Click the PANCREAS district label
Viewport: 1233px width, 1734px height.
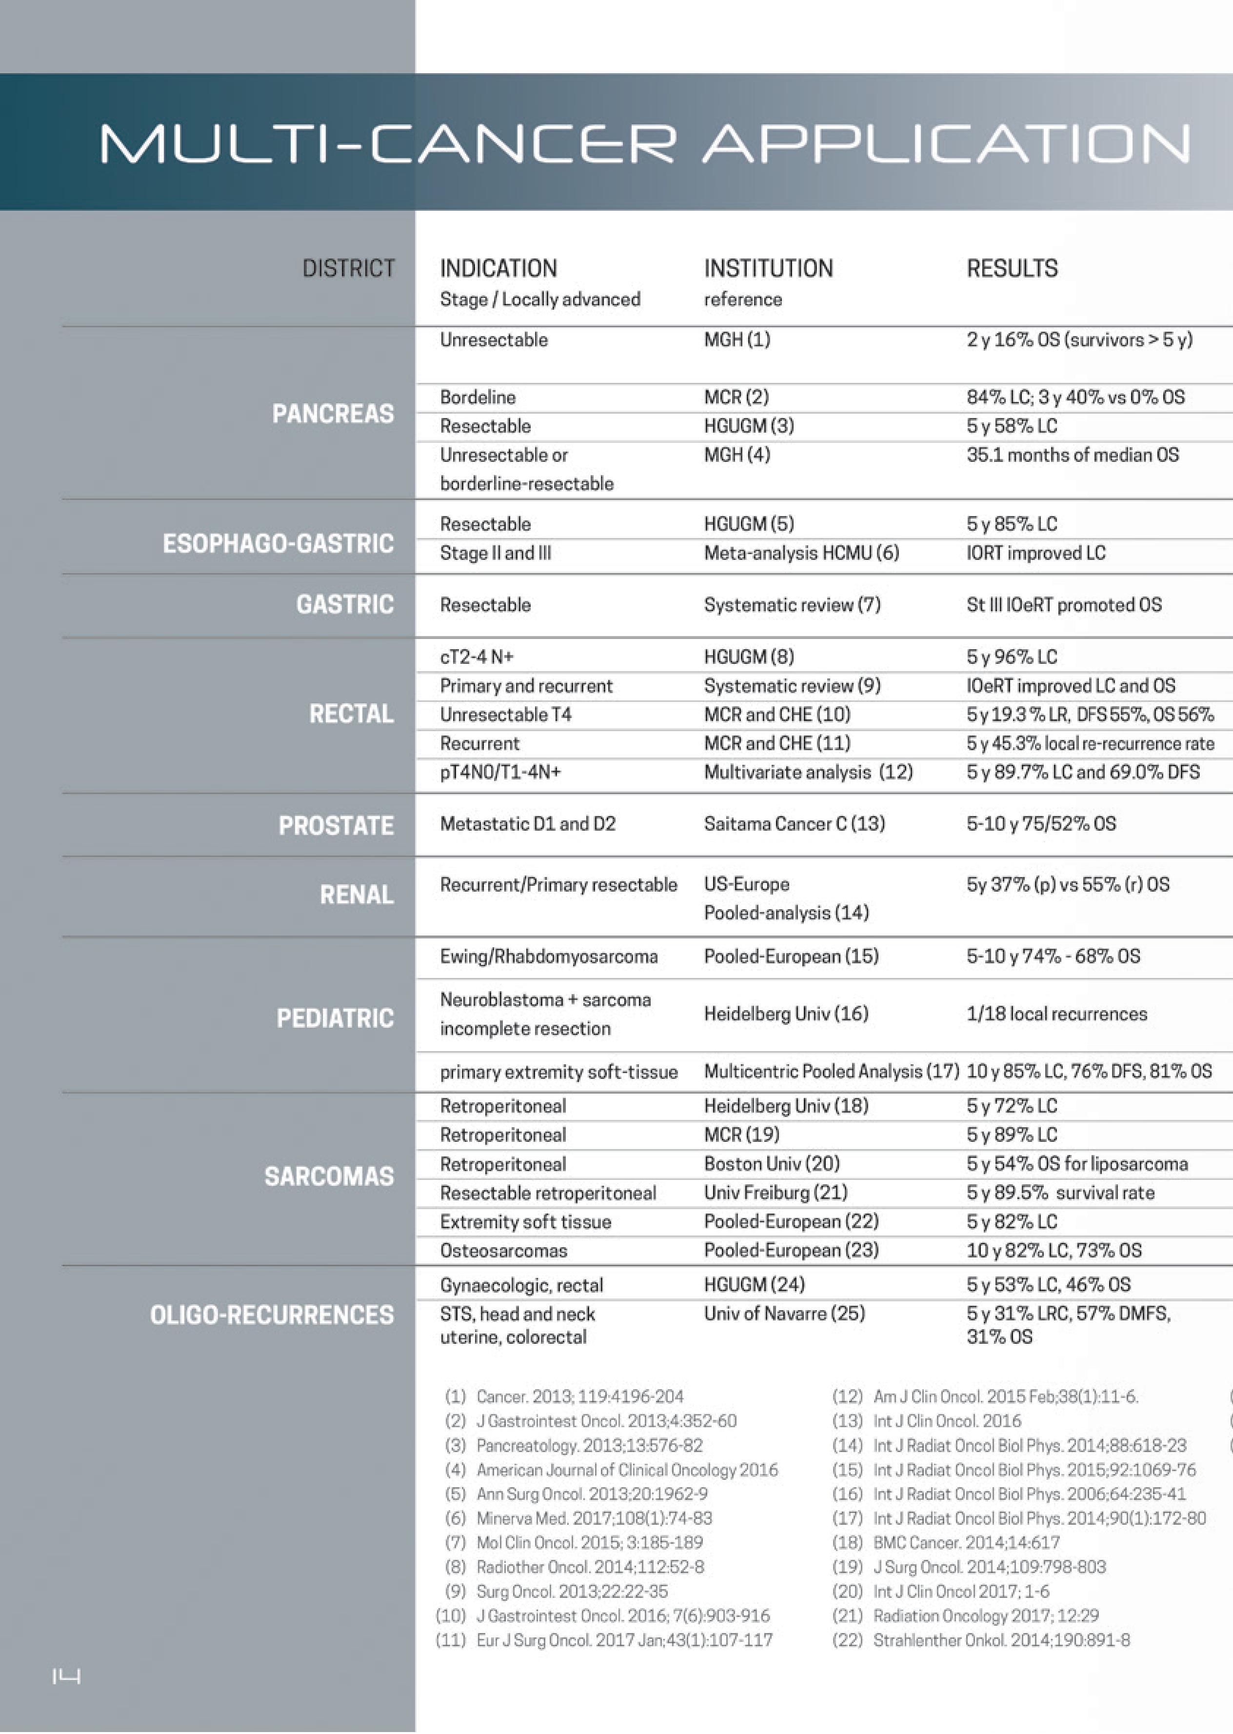click(x=333, y=414)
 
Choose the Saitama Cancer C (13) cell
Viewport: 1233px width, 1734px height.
click(x=794, y=824)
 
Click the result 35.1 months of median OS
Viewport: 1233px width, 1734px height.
click(x=1072, y=455)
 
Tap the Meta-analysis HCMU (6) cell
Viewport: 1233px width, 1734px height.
click(x=801, y=553)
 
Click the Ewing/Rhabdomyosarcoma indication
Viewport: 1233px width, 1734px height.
click(x=548, y=956)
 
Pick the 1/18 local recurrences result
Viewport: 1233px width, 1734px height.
click(x=1056, y=1014)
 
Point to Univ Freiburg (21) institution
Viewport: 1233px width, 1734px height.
click(x=775, y=1193)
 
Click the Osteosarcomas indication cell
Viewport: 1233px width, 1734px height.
click(x=503, y=1251)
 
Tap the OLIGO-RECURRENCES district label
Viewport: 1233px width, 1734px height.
click(x=272, y=1315)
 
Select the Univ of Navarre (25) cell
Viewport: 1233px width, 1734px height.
click(x=784, y=1314)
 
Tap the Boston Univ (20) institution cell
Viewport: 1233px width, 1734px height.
click(x=772, y=1164)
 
